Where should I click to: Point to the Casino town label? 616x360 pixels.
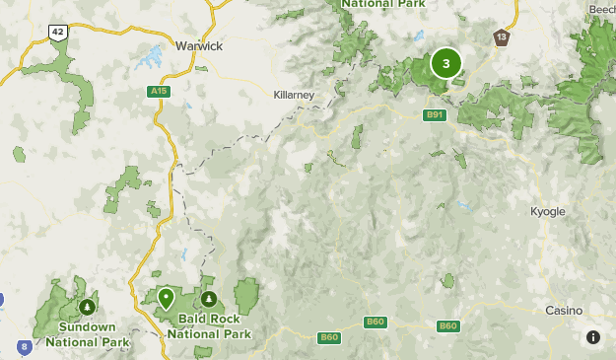click(564, 310)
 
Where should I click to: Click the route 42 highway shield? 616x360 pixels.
click(58, 33)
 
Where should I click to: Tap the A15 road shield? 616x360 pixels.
click(157, 92)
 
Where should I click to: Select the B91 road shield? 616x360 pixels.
click(435, 115)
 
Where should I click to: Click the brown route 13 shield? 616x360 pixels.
click(503, 37)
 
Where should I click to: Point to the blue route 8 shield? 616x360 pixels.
click(24, 346)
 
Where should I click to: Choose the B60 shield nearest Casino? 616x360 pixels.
click(448, 325)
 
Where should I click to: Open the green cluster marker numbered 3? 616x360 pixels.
click(446, 64)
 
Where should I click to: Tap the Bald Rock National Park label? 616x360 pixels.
click(208, 326)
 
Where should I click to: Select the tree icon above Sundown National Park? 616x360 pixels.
click(88, 307)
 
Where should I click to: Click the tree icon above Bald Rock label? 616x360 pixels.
click(208, 298)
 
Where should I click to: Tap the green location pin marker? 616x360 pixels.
click(167, 296)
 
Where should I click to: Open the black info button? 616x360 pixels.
click(592, 337)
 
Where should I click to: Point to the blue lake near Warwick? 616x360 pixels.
click(153, 57)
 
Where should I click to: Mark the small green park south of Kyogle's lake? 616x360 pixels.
click(448, 281)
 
